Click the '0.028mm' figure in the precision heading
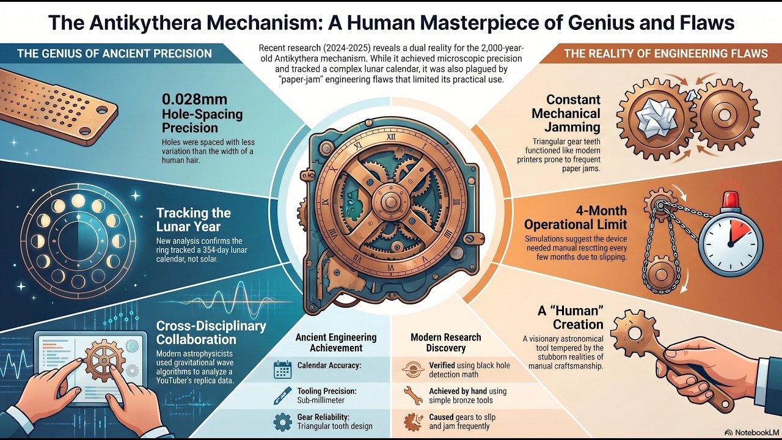[194, 100]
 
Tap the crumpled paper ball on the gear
[652, 118]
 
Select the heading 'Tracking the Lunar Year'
[194, 219]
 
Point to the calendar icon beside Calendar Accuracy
[282, 370]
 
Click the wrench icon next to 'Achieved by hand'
[412, 395]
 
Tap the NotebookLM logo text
[756, 432]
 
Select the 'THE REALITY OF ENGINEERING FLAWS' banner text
[666, 53]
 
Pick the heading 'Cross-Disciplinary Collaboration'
[211, 332]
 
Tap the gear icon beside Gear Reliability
[282, 422]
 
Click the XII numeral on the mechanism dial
[391, 136]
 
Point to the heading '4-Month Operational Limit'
[576, 218]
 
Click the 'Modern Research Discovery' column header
[446, 343]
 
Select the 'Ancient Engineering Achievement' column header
[336, 343]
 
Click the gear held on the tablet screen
[104, 360]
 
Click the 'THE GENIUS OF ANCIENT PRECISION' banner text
[114, 53]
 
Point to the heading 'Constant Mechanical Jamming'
[566, 114]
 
